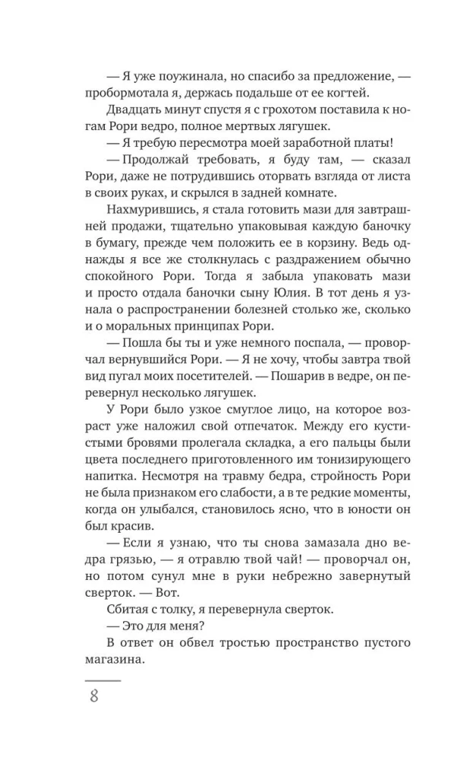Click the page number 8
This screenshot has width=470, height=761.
point(94,696)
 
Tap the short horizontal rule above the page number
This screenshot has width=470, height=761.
point(103,679)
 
